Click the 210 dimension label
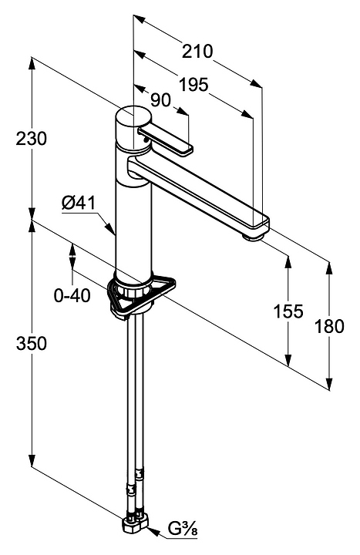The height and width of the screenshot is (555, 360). [x=197, y=52]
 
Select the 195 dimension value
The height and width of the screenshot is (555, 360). [x=193, y=85]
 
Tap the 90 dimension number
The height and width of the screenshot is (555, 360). [x=160, y=100]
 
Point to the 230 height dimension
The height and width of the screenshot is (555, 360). [x=31, y=139]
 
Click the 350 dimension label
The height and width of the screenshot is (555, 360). [x=31, y=343]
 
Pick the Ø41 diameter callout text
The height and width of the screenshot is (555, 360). [x=79, y=203]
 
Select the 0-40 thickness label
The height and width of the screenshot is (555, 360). [x=72, y=295]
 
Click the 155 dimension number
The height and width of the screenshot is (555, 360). [x=288, y=311]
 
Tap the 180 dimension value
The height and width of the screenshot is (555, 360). [x=329, y=326]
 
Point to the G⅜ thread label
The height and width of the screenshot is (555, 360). [x=183, y=540]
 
